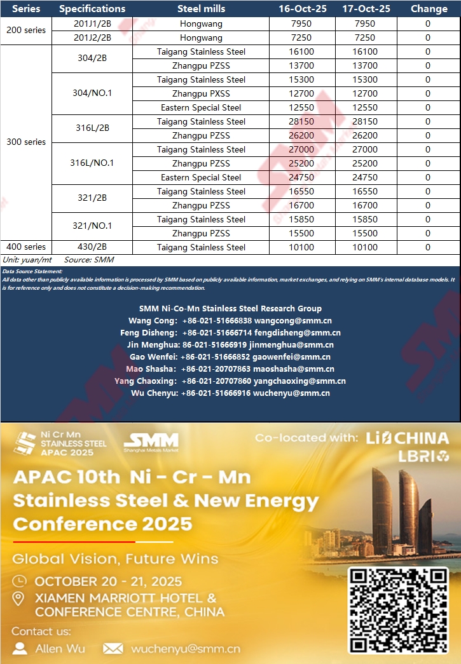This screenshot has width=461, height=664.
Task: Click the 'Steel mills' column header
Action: [201, 9]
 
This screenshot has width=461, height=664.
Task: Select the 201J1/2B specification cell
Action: [92, 24]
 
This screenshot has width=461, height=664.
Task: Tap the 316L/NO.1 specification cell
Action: [92, 163]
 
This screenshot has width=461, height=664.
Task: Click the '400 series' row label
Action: [26, 247]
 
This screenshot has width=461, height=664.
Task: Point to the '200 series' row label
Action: [26, 30]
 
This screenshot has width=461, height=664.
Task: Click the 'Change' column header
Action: [429, 9]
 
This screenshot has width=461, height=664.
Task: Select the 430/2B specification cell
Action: [92, 247]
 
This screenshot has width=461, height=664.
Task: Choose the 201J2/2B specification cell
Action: [92, 37]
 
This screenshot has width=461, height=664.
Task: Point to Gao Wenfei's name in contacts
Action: [153, 357]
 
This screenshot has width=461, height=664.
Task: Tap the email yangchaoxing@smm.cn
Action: [299, 381]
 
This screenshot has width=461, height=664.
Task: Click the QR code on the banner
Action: [399, 610]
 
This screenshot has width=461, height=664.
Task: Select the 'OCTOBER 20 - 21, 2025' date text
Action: [108, 581]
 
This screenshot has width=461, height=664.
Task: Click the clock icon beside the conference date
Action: [20, 581]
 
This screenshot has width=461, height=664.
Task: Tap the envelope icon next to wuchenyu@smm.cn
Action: [113, 649]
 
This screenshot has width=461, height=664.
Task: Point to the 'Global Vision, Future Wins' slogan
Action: [116, 559]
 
